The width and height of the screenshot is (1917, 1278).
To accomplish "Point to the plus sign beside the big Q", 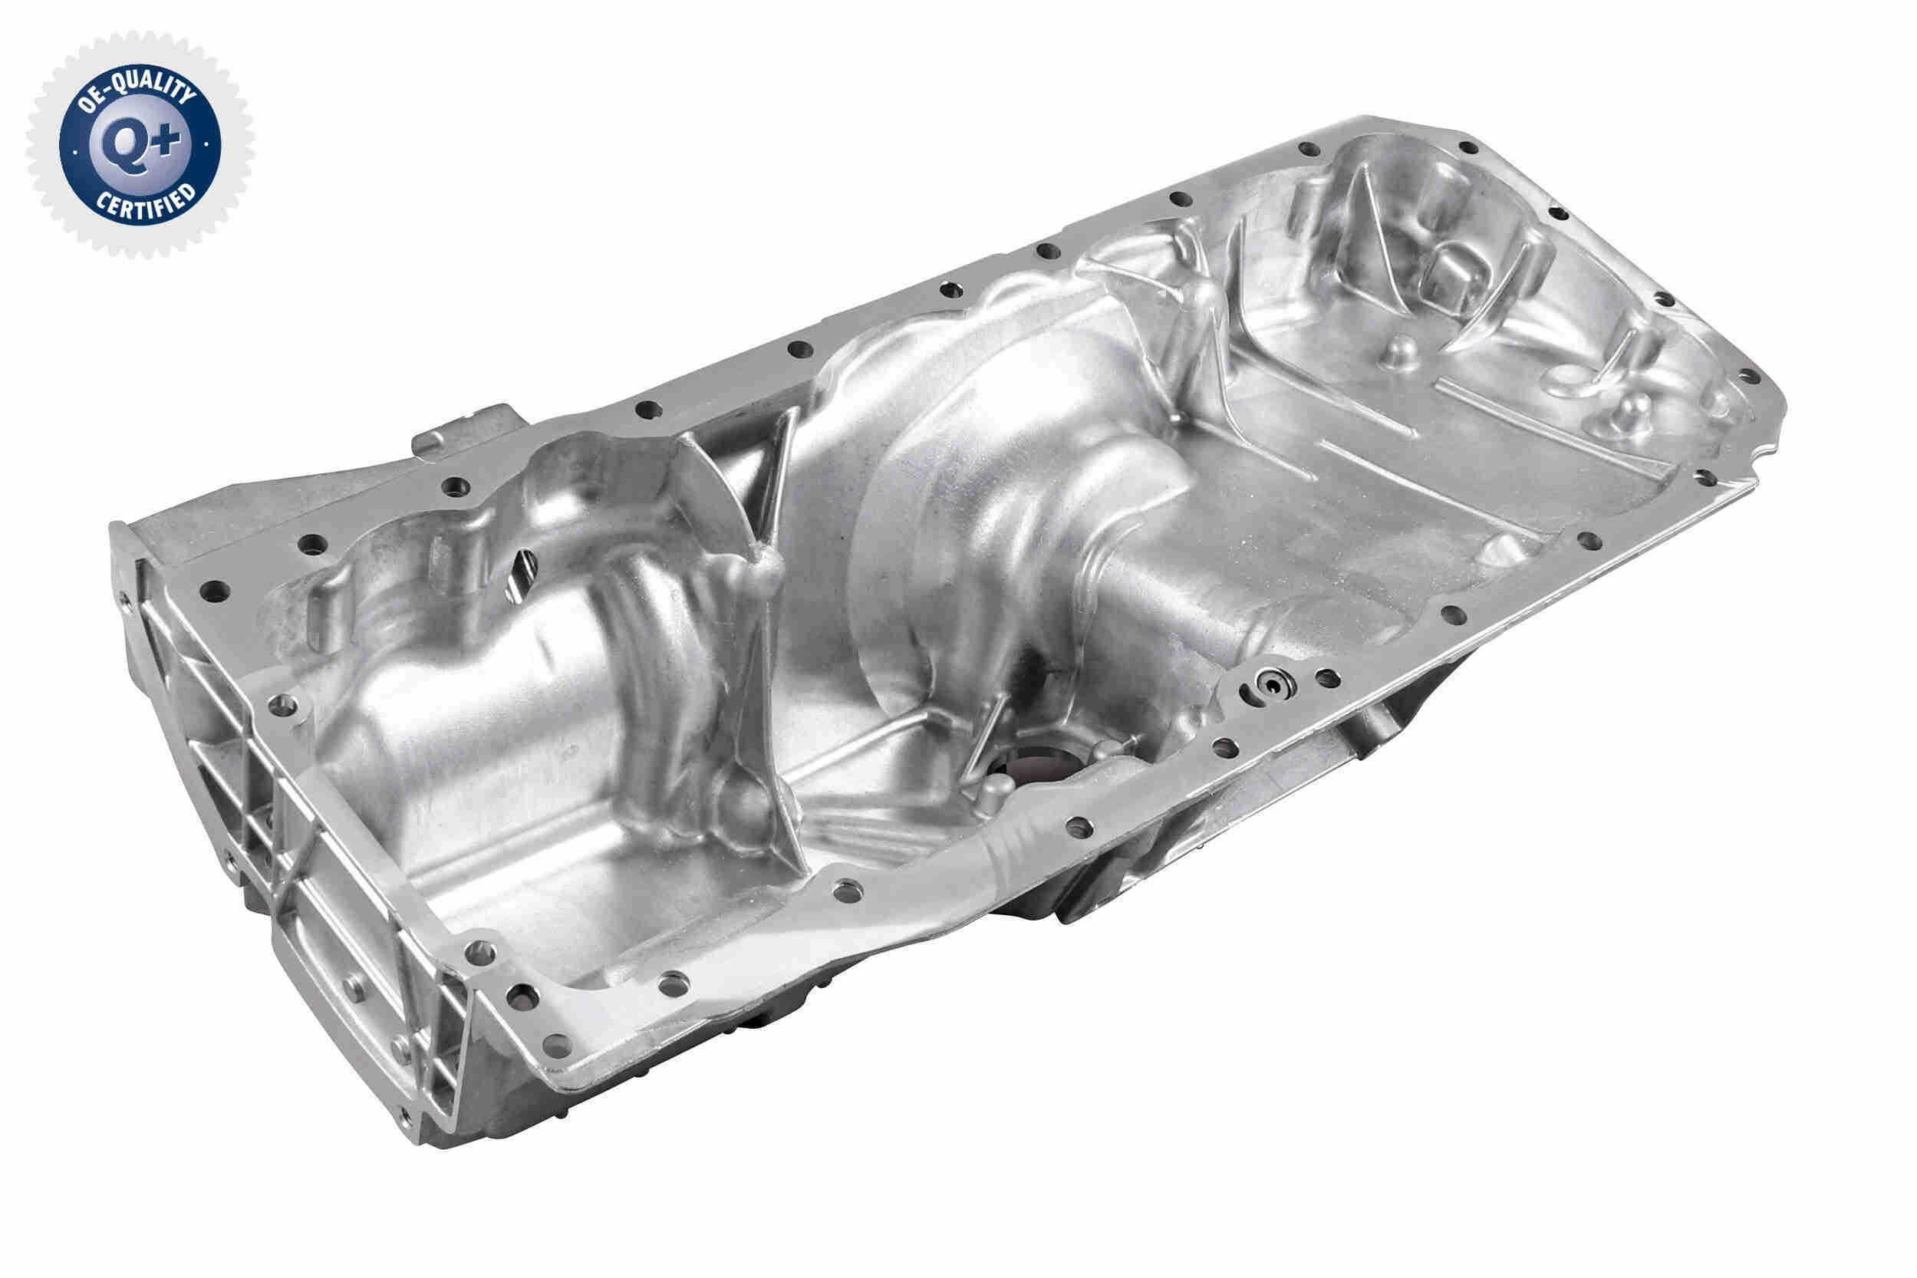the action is pyautogui.click(x=167, y=140).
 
